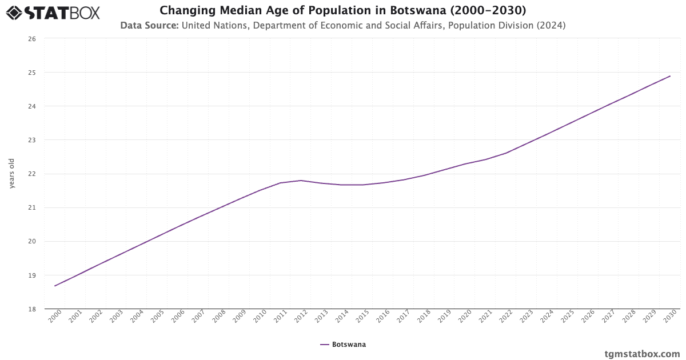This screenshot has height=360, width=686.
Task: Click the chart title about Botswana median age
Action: coord(343,10)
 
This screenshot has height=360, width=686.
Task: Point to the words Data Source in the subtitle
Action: coord(149,25)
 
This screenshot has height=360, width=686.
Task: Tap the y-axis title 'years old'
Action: coord(12,174)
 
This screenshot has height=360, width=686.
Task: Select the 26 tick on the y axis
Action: coord(32,39)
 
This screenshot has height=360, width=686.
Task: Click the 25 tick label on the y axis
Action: coord(32,73)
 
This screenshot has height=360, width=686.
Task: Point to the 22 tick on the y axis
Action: coord(32,174)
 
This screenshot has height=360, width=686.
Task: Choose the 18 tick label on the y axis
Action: coord(32,309)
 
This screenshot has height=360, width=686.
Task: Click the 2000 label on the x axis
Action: coord(54,317)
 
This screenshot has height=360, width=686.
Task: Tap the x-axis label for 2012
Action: coord(300,317)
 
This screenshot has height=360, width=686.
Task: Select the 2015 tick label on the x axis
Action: coord(362,317)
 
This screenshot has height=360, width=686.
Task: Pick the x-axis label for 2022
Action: coord(505,317)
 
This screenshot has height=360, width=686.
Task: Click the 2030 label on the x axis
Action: coord(669,317)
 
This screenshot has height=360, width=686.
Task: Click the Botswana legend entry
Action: coord(343,345)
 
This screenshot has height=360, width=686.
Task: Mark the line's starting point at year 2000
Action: coord(55,286)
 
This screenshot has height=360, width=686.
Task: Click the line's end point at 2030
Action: coord(670,76)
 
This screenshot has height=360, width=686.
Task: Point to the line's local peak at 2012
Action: coord(301,181)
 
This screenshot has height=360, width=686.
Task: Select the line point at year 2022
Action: coord(506,153)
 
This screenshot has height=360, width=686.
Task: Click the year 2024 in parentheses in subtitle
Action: coord(553,25)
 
